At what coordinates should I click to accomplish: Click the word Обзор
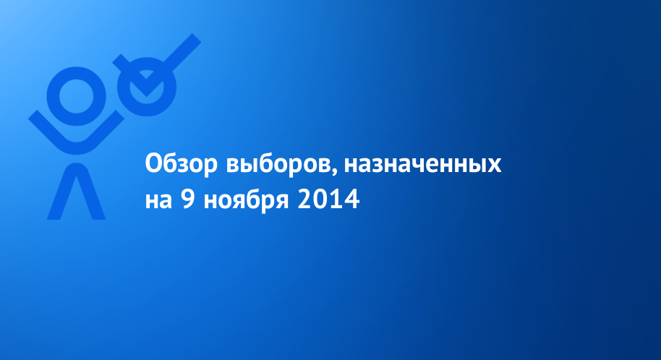182,163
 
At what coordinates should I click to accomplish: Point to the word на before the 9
158,200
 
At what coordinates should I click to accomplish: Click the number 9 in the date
188,199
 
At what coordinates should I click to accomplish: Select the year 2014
328,199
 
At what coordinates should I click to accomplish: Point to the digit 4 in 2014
352,199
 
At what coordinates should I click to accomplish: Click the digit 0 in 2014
321,199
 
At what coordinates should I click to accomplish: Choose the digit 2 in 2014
304,199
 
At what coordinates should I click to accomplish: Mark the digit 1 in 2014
336,199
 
